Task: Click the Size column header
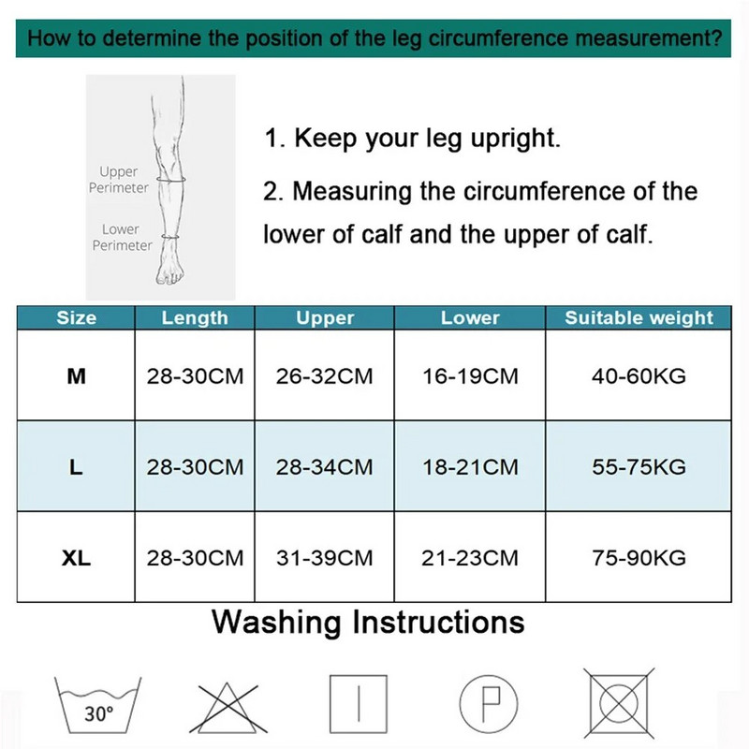(x=77, y=317)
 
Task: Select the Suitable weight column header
(x=639, y=317)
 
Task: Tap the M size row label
(x=77, y=376)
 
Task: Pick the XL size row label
(x=77, y=557)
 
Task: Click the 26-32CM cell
(x=324, y=376)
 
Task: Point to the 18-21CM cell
(x=470, y=466)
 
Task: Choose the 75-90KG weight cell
(x=639, y=557)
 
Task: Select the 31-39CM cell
(x=324, y=557)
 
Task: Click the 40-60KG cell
(x=639, y=376)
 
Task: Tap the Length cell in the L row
(x=195, y=466)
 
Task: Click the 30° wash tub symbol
(x=98, y=705)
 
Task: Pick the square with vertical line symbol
(x=359, y=704)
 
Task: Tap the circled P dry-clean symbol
(x=488, y=704)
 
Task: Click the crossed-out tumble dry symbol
(x=620, y=703)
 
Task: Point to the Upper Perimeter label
(x=119, y=180)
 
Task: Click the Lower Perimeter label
(x=122, y=237)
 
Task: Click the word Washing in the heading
(x=276, y=623)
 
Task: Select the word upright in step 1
(x=516, y=139)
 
